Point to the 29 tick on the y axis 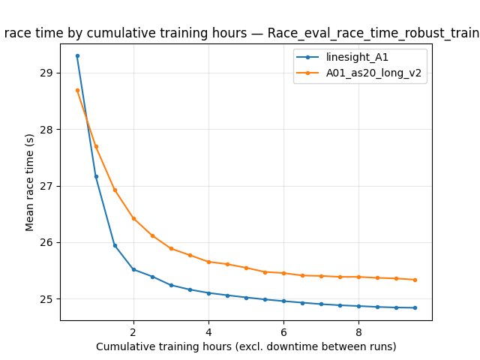pos(50,73)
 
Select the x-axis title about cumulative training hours pos(246,346)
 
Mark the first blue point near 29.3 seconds pos(77,55)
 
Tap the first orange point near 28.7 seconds pos(77,90)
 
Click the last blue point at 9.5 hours pos(415,307)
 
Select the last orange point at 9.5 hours pos(415,280)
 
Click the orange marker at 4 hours pos(208,262)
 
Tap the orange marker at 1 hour pos(96,146)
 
